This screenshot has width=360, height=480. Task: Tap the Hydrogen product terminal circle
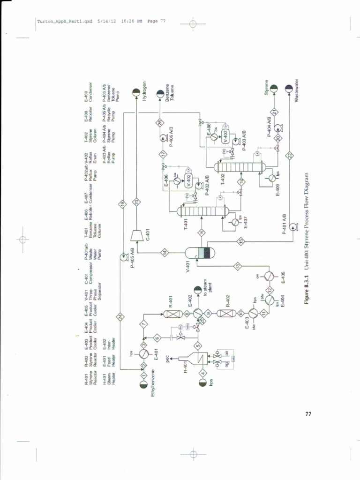pos(135,91)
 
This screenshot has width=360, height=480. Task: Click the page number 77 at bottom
pos(308,414)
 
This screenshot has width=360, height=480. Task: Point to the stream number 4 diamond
pos(203,374)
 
